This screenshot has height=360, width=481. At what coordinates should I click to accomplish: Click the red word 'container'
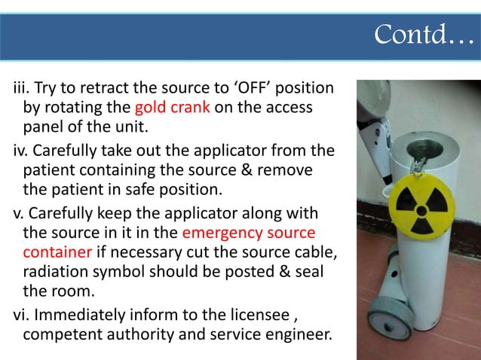pos(58,249)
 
